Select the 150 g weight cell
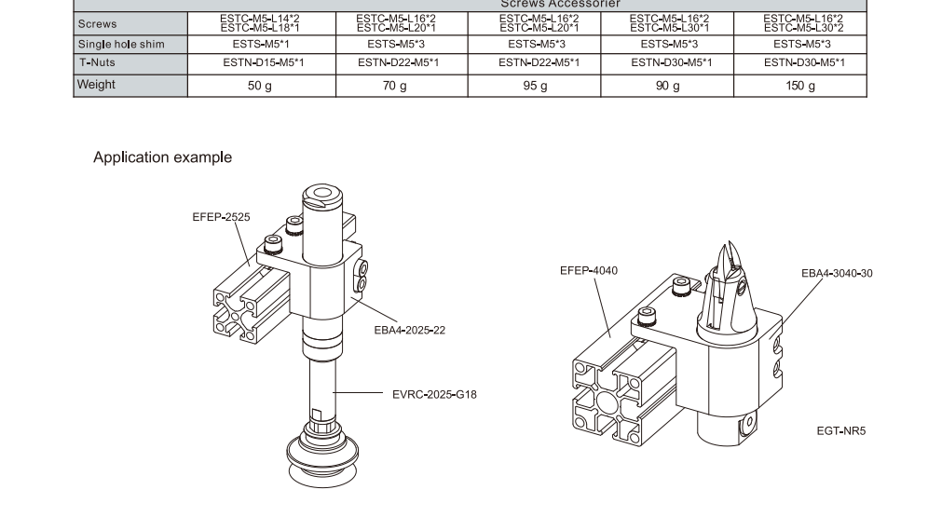(x=799, y=86)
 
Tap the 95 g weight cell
(x=535, y=86)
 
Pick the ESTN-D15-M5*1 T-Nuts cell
(x=259, y=62)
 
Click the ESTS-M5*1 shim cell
(x=259, y=44)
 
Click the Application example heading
(x=162, y=157)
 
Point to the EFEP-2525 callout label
(x=221, y=216)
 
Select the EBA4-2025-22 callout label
(x=409, y=330)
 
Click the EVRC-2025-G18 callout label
(x=434, y=394)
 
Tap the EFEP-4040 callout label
(x=588, y=270)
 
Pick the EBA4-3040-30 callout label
(x=837, y=273)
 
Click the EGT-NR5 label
(x=840, y=430)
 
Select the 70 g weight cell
(x=395, y=86)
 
